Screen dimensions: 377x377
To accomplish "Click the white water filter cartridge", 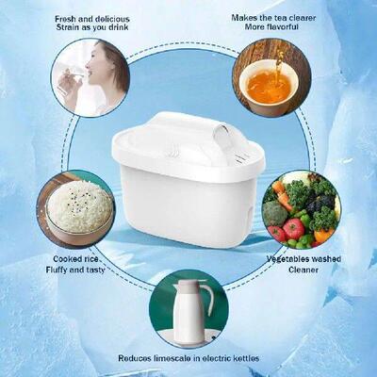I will (x=188, y=188).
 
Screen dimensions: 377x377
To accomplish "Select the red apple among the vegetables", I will (x=293, y=228).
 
